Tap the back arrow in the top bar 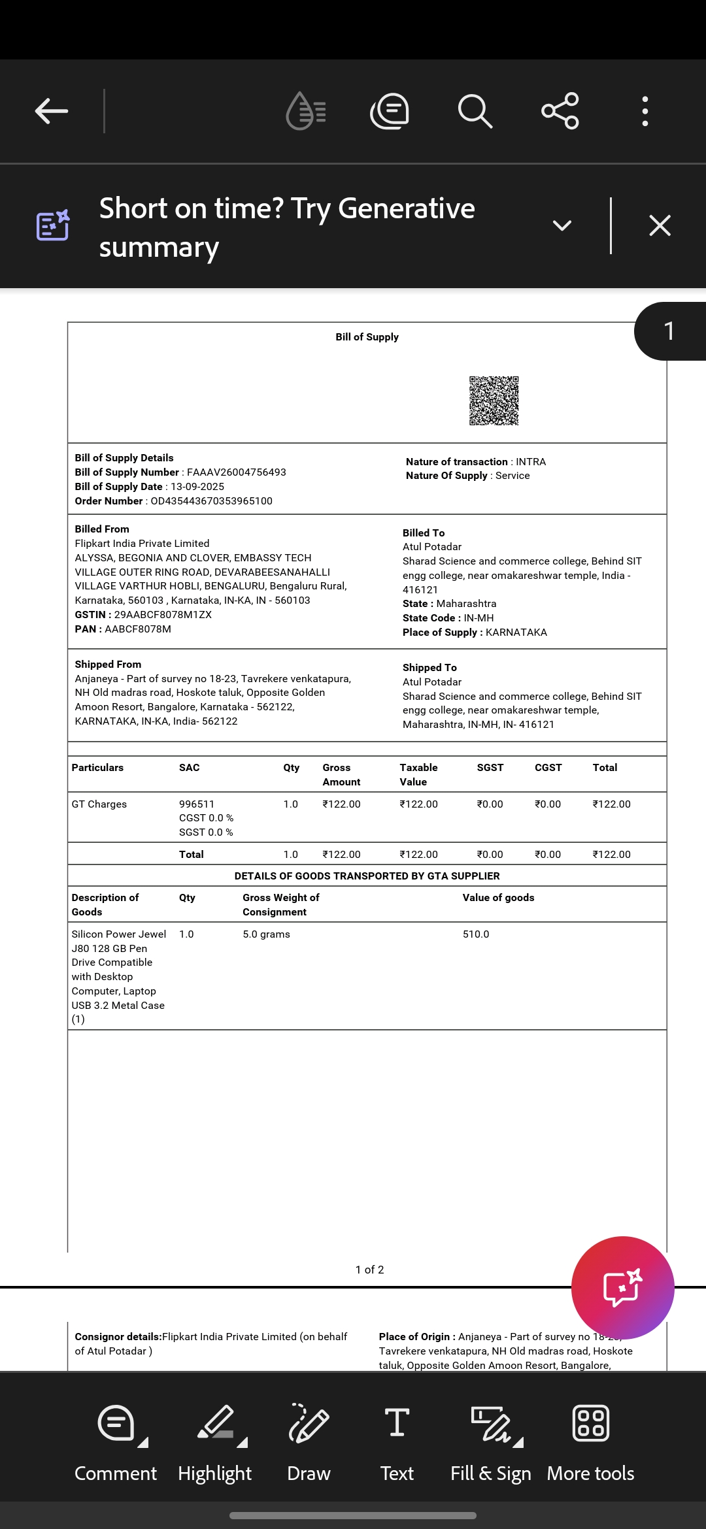pyautogui.click(x=52, y=111)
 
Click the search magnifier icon pyautogui.click(x=475, y=111)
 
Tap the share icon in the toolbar pyautogui.click(x=560, y=111)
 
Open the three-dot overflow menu pyautogui.click(x=645, y=111)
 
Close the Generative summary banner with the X pyautogui.click(x=660, y=225)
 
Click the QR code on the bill pyautogui.click(x=494, y=401)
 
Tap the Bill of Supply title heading pyautogui.click(x=367, y=337)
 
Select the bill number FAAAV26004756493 pyautogui.click(x=236, y=472)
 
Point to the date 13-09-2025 pyautogui.click(x=197, y=487)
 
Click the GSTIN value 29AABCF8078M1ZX pyautogui.click(x=163, y=615)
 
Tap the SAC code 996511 pyautogui.click(x=197, y=804)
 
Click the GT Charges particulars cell pyautogui.click(x=99, y=804)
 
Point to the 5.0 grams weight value pyautogui.click(x=266, y=934)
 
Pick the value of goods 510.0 pyautogui.click(x=476, y=934)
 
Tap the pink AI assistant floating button pyautogui.click(x=622, y=1288)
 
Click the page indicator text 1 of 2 pyautogui.click(x=369, y=1270)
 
